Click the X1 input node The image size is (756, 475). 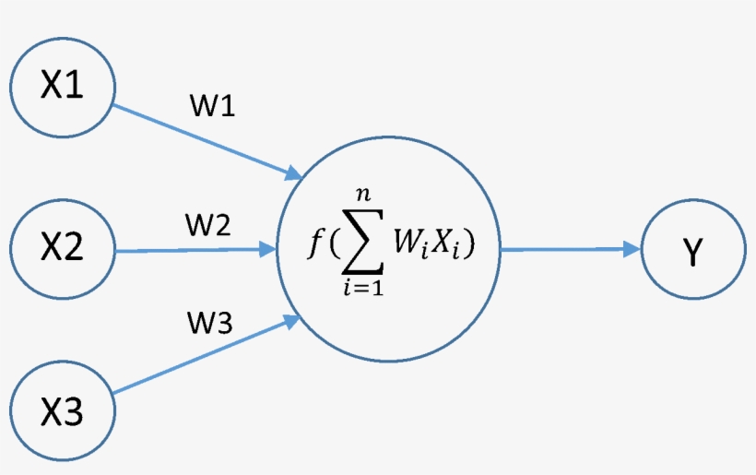click(x=62, y=87)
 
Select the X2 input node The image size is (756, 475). click(x=62, y=248)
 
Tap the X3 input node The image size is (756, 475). click(x=62, y=410)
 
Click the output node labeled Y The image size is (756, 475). click(x=692, y=250)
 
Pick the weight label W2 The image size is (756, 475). click(x=207, y=224)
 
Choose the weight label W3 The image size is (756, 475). click(x=211, y=325)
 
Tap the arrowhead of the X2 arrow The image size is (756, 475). click(x=268, y=249)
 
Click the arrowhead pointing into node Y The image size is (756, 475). click(x=632, y=249)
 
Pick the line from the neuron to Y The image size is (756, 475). click(x=562, y=249)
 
